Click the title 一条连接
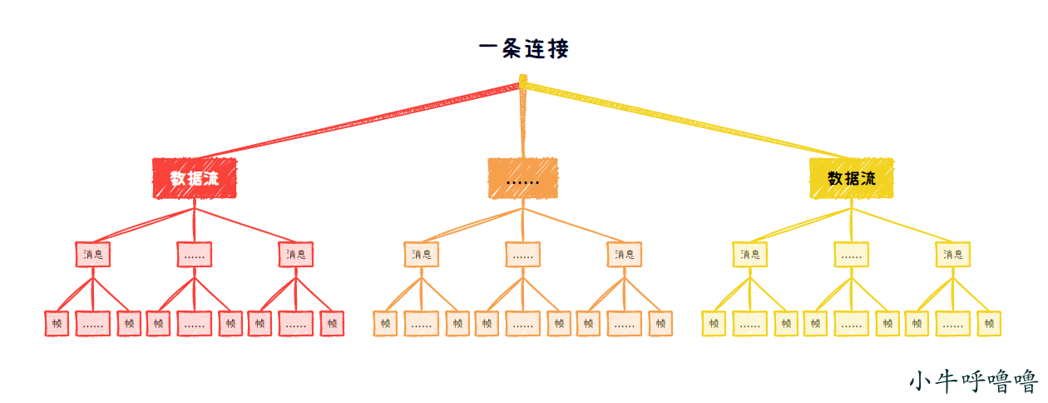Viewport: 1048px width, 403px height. (x=524, y=49)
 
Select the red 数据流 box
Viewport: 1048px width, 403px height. (x=195, y=178)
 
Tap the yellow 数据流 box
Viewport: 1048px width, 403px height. (x=852, y=178)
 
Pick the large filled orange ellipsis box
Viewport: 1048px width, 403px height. (x=522, y=178)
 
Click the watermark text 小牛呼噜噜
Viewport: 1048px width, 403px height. (x=973, y=381)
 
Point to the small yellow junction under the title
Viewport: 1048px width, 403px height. (x=523, y=81)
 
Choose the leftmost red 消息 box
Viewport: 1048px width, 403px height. (x=92, y=254)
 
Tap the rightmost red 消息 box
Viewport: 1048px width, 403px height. (x=296, y=254)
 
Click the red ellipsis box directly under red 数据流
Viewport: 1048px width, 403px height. (x=195, y=254)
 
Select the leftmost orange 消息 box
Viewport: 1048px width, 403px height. (x=422, y=254)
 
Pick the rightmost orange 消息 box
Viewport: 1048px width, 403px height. (x=625, y=254)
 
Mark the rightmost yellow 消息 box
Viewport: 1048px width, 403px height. (x=953, y=254)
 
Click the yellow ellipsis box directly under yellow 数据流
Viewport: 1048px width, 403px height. (x=852, y=254)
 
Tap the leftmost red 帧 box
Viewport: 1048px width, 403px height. (x=57, y=323)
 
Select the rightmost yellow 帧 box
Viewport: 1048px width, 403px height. (x=989, y=323)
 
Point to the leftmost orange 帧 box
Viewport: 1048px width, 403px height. (x=385, y=323)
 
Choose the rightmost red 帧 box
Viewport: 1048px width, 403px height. (x=332, y=323)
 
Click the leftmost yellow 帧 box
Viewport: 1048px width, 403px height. (x=714, y=323)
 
